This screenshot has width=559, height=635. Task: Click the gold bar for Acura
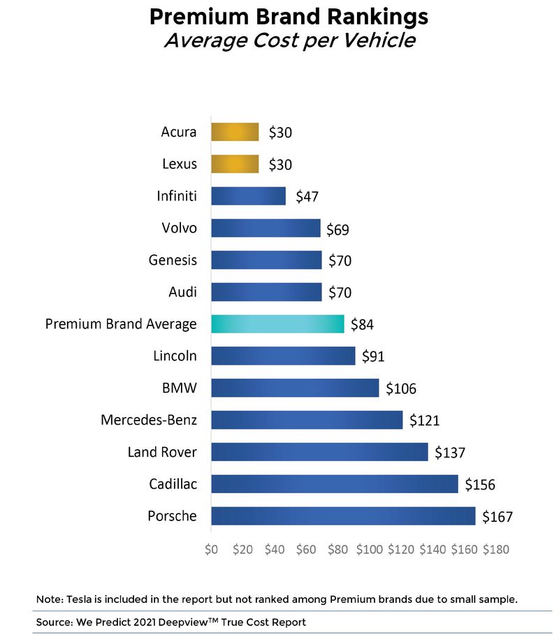click(x=235, y=132)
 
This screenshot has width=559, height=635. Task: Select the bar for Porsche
click(x=343, y=516)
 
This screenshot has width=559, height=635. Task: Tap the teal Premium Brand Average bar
click(x=277, y=324)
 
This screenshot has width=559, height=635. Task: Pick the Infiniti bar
click(x=248, y=196)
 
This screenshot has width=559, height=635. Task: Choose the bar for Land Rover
click(x=319, y=452)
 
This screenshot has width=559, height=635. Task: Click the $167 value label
click(x=498, y=517)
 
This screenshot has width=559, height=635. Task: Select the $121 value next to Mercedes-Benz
click(x=424, y=421)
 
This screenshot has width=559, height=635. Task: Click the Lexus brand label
click(x=179, y=164)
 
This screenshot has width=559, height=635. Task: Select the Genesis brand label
click(x=173, y=260)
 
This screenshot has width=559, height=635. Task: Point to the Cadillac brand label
click(x=173, y=484)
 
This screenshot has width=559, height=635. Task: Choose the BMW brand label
click(x=179, y=388)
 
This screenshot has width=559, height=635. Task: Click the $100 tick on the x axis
click(x=369, y=549)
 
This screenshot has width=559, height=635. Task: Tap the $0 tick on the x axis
click(x=212, y=549)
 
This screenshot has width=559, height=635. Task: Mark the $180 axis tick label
click(x=495, y=549)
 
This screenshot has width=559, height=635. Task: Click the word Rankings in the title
click(x=354, y=16)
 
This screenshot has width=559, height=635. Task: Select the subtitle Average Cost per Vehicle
click(x=289, y=41)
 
